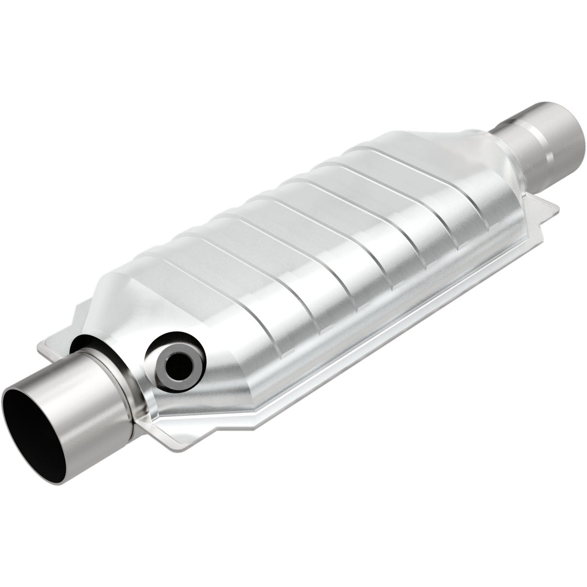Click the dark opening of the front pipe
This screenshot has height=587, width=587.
coord(36,435)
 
